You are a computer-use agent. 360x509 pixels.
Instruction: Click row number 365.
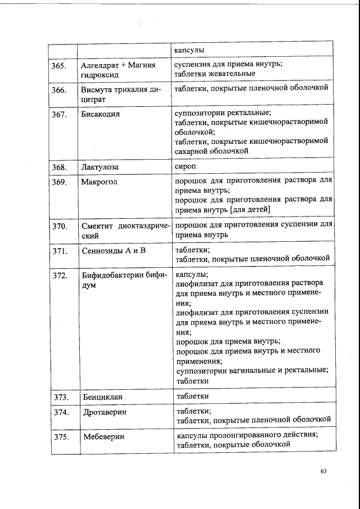pyautogui.click(x=60, y=66)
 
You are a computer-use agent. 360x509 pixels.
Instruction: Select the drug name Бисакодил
pyautogui.click(x=101, y=114)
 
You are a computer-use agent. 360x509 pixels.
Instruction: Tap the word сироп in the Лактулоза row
pyautogui.click(x=186, y=166)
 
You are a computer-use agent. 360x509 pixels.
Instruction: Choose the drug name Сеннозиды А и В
pyautogui.click(x=113, y=251)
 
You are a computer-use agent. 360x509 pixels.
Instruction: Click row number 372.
pyautogui.click(x=60, y=276)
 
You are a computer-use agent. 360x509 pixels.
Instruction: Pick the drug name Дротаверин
pyautogui.click(x=103, y=412)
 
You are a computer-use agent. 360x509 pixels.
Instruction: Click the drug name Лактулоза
pyautogui.click(x=100, y=167)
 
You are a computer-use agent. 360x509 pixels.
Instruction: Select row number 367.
pyautogui.click(x=60, y=114)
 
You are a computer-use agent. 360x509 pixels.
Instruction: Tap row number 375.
pyautogui.click(x=60, y=436)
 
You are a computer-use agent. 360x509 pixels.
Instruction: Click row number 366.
pyautogui.click(x=60, y=90)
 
